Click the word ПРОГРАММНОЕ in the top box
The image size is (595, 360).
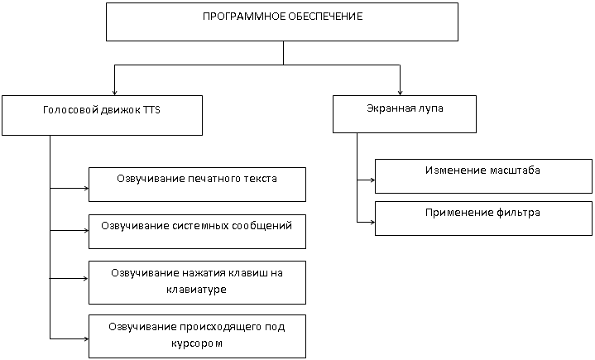click(x=243, y=17)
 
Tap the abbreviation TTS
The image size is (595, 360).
click(x=151, y=110)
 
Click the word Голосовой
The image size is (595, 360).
click(x=71, y=110)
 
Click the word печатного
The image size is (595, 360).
click(x=215, y=179)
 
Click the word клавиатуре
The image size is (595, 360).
click(x=197, y=290)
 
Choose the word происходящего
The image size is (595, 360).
click(x=223, y=327)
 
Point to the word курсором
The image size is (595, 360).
click(x=197, y=343)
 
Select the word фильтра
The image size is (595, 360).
click(x=518, y=213)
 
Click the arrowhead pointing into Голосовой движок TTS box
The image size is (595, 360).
click(x=114, y=93)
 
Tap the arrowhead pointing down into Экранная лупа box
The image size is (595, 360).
click(x=400, y=93)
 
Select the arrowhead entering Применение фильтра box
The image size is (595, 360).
click(x=372, y=223)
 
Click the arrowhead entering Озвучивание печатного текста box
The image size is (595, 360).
click(x=86, y=188)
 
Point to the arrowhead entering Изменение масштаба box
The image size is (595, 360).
click(x=372, y=180)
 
